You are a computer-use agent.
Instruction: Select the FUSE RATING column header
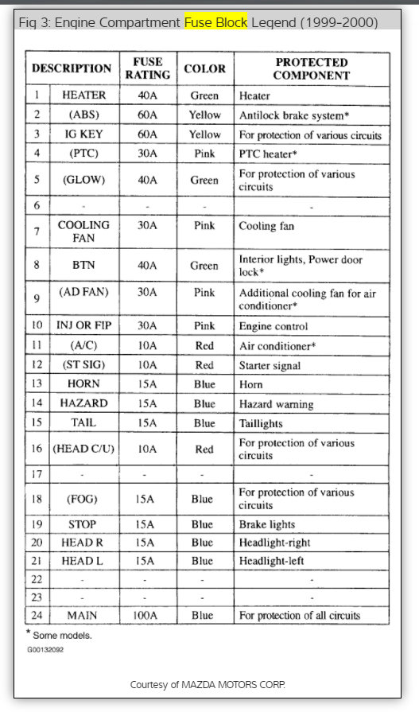tap(147, 68)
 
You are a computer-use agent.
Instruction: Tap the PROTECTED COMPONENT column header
tap(312, 68)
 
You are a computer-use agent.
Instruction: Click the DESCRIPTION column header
tap(72, 68)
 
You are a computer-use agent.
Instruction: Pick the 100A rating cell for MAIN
tap(147, 615)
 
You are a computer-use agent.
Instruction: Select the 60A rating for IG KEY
tap(147, 134)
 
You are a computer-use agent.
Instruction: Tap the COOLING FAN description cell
tap(83, 231)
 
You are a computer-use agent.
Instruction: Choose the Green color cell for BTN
tap(204, 266)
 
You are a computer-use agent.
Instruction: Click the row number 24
tap(36, 615)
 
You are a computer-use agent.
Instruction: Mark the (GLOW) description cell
tap(83, 181)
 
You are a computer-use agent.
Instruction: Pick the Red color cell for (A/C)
tap(204, 346)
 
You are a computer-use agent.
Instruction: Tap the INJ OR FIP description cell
tap(83, 326)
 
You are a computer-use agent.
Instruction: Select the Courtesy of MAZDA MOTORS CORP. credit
tap(208, 685)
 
